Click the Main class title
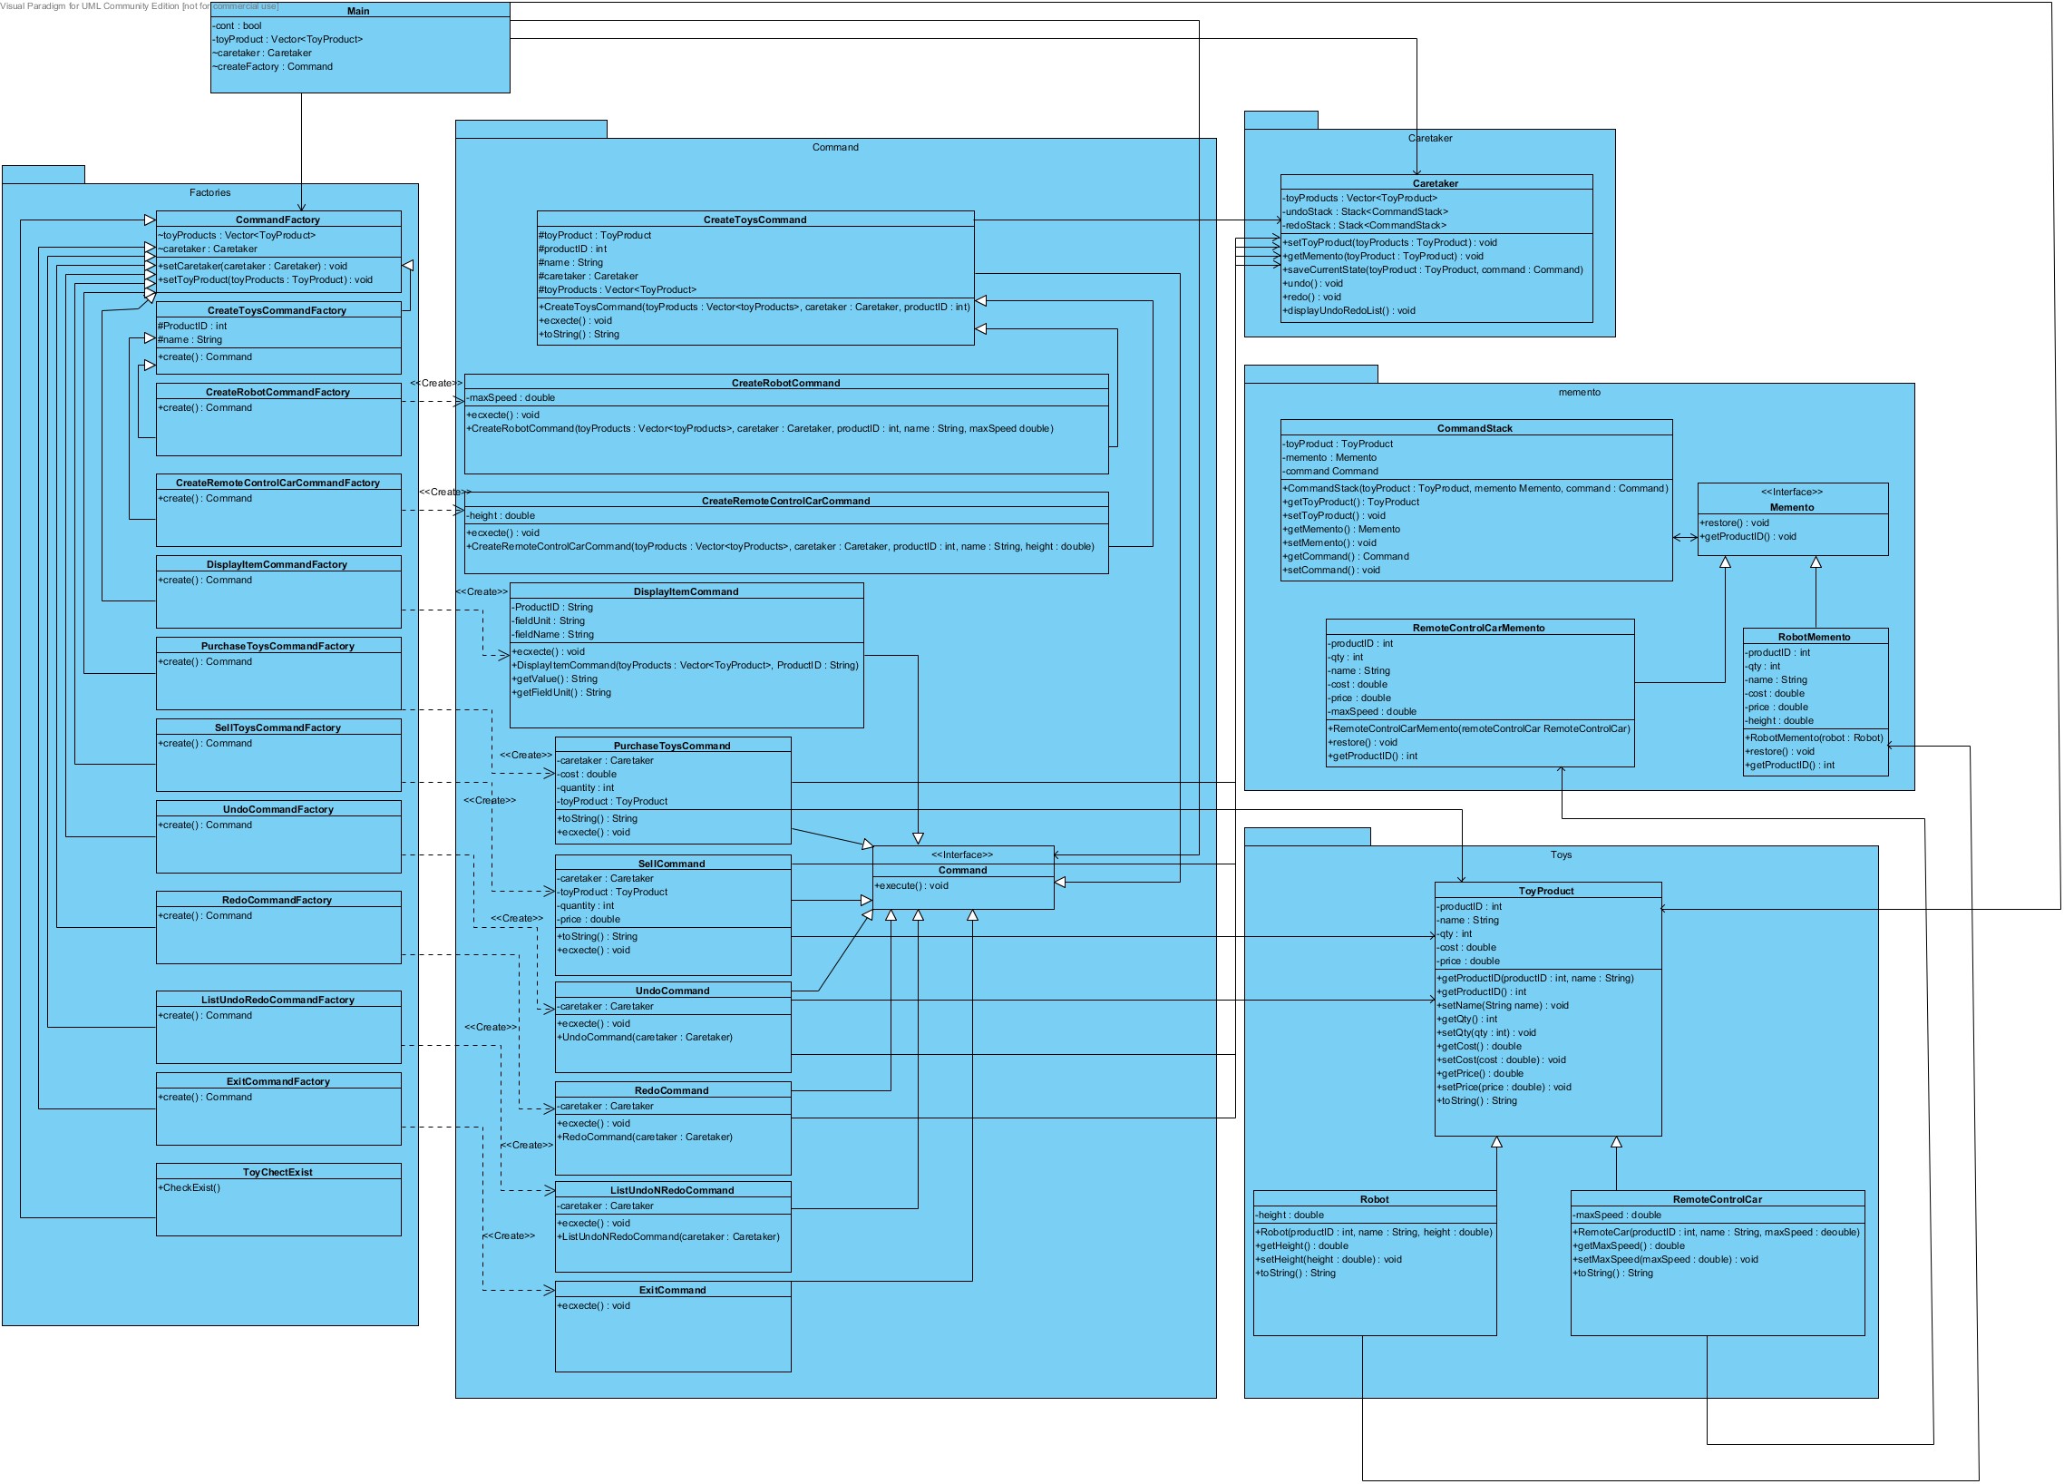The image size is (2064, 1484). (x=358, y=11)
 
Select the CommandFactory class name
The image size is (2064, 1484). (x=277, y=220)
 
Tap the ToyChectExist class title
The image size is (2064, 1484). (x=277, y=1172)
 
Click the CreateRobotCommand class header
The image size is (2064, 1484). (x=785, y=383)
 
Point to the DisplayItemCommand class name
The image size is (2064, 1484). (x=686, y=591)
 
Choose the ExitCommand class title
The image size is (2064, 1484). (x=672, y=1289)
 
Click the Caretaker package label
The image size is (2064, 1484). (x=1430, y=139)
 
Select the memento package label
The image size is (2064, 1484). (x=1579, y=393)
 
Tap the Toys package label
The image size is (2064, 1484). (x=1561, y=854)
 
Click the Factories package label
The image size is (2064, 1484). (x=209, y=193)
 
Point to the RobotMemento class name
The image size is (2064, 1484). (x=1814, y=637)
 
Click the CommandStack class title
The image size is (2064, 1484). (x=1475, y=428)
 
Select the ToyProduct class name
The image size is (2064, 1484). (x=1546, y=891)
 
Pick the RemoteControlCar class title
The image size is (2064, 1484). (x=1717, y=1199)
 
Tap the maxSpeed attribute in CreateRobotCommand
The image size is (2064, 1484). (x=511, y=398)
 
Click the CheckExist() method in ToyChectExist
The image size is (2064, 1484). (x=190, y=1187)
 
